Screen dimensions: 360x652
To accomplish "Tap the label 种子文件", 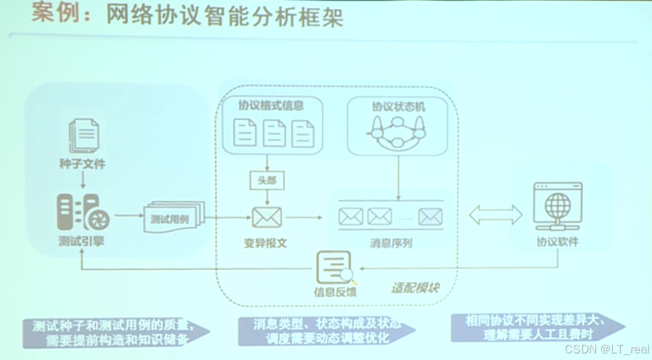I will click(x=82, y=164).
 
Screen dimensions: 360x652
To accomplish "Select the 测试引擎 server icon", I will click(x=83, y=213).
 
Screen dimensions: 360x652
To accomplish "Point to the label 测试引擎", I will click(x=81, y=241).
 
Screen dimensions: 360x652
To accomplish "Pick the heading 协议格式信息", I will click(x=271, y=105).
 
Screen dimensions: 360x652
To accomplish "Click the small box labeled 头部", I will click(x=267, y=180).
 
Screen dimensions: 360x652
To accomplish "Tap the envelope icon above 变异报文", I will click(x=267, y=216).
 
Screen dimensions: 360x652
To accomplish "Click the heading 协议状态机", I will click(x=399, y=106).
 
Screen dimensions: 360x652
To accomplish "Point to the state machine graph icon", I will click(x=398, y=132).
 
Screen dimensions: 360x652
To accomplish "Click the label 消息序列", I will click(x=391, y=243).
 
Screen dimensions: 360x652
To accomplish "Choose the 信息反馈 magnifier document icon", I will click(x=335, y=268).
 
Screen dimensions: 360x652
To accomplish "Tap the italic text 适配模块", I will click(x=415, y=287).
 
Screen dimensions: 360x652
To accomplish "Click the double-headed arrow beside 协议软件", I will click(x=496, y=214).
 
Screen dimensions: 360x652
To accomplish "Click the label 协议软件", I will click(x=558, y=241).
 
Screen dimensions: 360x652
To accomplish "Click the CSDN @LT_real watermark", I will click(x=607, y=350).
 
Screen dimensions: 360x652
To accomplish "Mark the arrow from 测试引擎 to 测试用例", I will click(x=129, y=215).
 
